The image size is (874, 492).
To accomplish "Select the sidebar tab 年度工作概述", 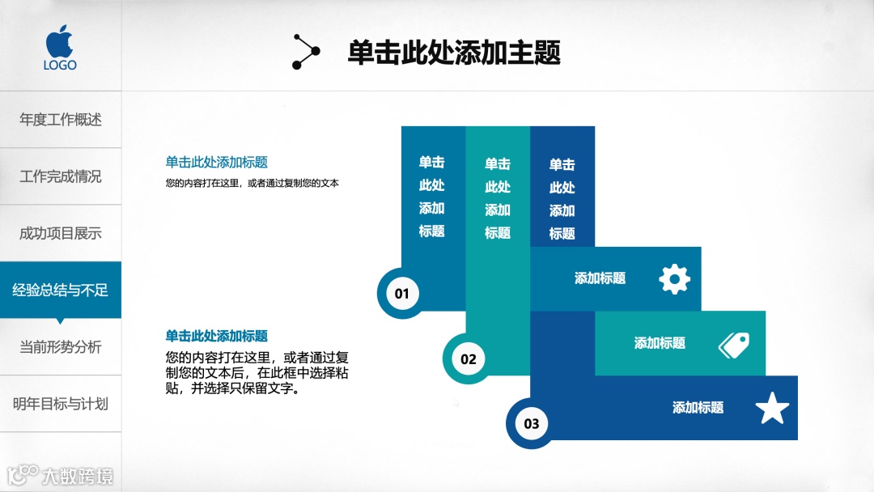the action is coord(61,120).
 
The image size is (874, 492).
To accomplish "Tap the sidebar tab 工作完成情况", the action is coord(61,176).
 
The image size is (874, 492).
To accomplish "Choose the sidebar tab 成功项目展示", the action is coord(61,234).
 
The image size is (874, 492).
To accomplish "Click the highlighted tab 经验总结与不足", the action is coord(61,290).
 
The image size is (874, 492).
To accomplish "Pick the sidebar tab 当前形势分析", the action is coord(61,347).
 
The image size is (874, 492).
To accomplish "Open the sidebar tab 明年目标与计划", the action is coord(61,404).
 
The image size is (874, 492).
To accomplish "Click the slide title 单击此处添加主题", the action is coord(454,53).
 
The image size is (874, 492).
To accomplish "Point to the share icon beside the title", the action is coord(306,52).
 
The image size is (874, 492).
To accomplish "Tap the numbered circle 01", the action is coord(402,294).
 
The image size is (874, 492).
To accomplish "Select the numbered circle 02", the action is coord(468,359).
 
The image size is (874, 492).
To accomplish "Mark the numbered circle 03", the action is coord(531,424).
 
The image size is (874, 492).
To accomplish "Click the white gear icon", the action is coord(675,279).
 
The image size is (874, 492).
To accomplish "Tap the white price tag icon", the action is coord(734,345).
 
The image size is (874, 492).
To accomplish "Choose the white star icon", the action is coord(772,409).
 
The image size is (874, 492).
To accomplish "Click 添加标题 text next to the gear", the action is coord(600,278).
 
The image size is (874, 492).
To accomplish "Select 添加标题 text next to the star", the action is coord(698,408).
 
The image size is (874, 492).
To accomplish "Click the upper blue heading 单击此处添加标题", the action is coord(216,162).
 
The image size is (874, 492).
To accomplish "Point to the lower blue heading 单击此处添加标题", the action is coord(216,336).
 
